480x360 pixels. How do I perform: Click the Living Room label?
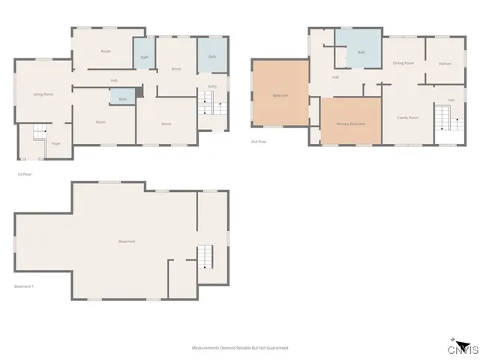tap(43, 94)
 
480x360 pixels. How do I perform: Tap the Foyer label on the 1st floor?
tap(55, 142)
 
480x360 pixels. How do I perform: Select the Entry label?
tap(212, 87)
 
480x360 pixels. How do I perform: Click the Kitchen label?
tap(445, 64)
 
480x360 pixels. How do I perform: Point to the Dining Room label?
tap(403, 63)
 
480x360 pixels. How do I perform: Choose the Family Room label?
tap(407, 118)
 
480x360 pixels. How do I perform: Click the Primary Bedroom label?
tap(350, 123)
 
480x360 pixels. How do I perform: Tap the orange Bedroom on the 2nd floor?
tap(280, 95)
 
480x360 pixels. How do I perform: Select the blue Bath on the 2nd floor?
tap(361, 52)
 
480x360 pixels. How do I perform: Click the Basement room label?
tap(127, 241)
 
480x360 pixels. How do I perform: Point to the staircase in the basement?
tap(205, 257)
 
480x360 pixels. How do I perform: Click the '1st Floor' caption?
tap(24, 174)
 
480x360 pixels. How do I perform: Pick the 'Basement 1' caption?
tap(25, 286)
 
